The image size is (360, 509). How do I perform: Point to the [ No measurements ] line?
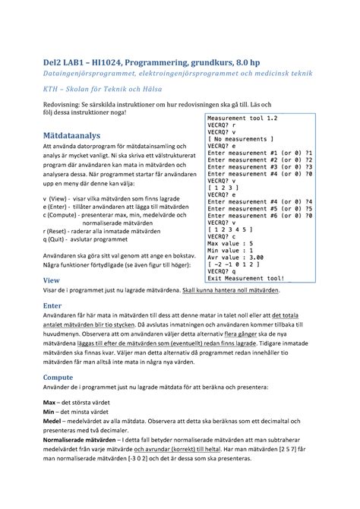[239, 140]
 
